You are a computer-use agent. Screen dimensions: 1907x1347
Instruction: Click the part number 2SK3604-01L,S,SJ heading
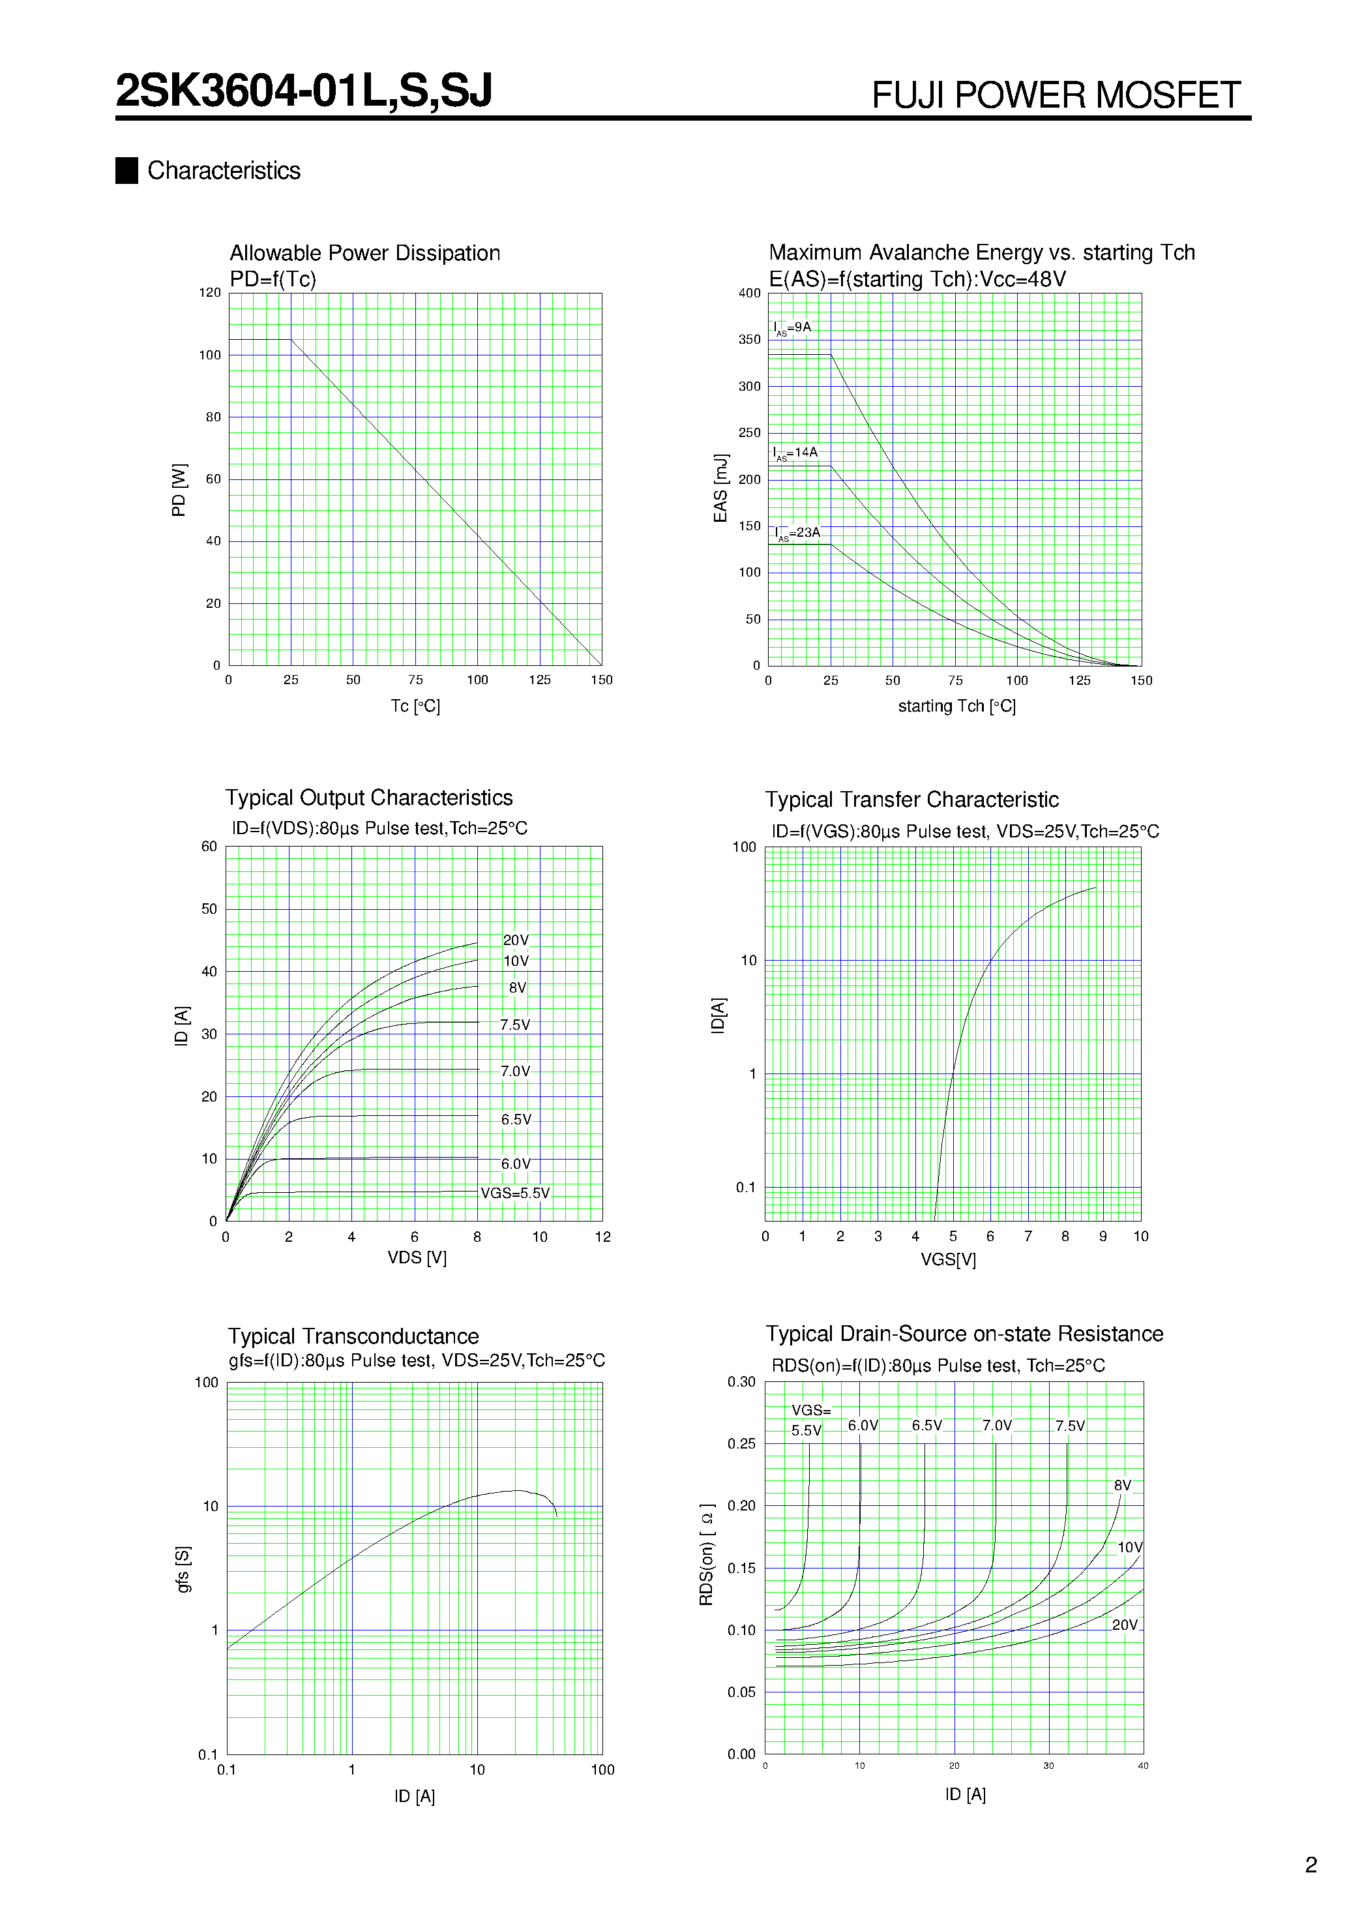coord(304,91)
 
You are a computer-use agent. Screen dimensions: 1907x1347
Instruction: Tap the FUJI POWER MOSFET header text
coord(1056,95)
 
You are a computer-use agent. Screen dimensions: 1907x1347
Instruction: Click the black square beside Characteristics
coord(126,170)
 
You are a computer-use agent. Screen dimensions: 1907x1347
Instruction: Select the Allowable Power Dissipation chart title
coord(364,253)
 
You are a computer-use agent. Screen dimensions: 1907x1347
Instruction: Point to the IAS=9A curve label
coord(792,328)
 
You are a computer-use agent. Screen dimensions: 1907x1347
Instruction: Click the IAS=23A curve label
coord(797,533)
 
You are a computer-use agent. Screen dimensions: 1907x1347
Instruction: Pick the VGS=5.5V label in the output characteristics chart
coord(515,1194)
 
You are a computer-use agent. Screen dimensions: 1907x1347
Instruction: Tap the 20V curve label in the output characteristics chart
coord(516,940)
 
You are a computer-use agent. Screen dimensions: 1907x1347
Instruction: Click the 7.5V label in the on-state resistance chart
coord(1070,1426)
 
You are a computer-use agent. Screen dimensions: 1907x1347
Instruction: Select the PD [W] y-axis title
coord(179,490)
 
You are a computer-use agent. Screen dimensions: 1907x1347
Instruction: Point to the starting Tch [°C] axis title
coord(956,706)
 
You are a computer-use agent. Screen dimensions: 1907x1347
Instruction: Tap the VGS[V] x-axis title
coord(947,1260)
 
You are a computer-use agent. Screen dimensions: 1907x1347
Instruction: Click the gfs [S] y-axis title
coord(183,1569)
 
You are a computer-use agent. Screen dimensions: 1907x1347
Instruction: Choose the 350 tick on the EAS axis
coord(749,340)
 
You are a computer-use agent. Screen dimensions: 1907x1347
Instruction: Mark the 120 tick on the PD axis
coord(209,292)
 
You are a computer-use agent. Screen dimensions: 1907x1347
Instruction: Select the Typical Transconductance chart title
coord(353,1336)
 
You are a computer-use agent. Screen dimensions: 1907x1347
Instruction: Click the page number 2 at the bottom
coord(1311,1865)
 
